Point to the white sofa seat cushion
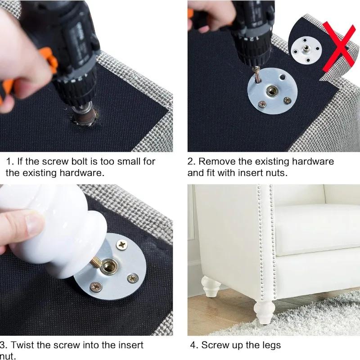(x=315, y=225)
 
